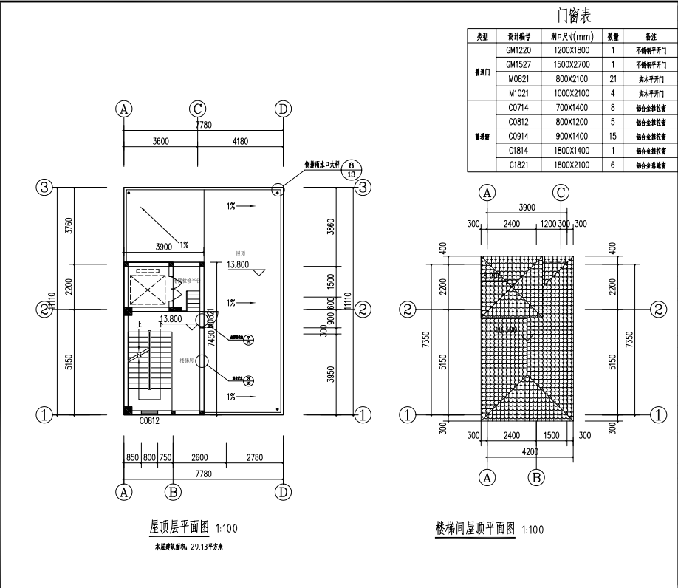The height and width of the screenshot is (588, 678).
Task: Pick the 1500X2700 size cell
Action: [572, 65]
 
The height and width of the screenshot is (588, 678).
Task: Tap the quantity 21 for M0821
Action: [613, 79]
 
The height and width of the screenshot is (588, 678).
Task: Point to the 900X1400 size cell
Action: [572, 137]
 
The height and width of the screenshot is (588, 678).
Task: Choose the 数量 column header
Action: [613, 36]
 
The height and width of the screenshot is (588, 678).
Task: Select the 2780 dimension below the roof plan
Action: [254, 458]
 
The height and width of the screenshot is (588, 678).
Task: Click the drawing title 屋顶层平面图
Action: [180, 527]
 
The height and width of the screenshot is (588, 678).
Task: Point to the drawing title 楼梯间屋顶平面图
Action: [475, 528]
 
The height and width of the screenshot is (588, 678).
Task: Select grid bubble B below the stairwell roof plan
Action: [538, 477]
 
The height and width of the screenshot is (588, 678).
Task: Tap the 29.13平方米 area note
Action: [194, 548]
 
